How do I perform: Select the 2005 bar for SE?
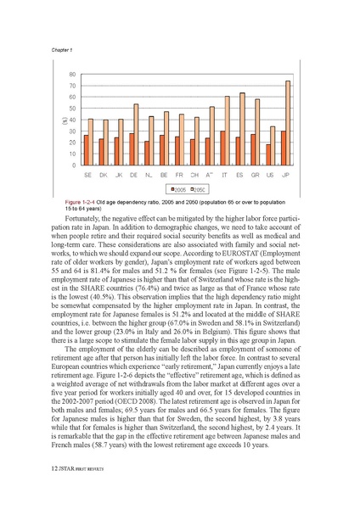pos(86,150)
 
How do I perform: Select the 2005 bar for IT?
pos(222,148)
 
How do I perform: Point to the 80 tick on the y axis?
pos(72,75)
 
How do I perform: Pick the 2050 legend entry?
pos(199,188)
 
